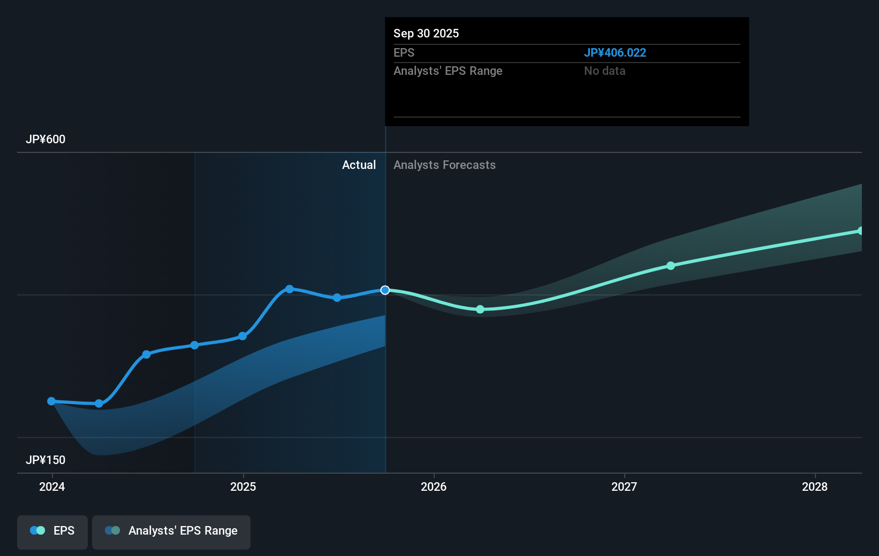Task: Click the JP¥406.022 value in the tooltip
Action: (x=615, y=52)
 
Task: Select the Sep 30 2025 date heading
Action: (x=426, y=33)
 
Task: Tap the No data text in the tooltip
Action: (x=604, y=71)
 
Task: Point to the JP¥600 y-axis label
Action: (x=46, y=139)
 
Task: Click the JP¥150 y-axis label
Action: (x=46, y=460)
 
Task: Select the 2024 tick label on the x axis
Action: (x=52, y=486)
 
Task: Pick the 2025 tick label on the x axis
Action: (x=243, y=486)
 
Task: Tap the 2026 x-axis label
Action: (x=434, y=486)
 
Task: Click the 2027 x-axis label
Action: (x=624, y=486)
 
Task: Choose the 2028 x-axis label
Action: (x=814, y=486)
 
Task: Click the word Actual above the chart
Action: (x=359, y=165)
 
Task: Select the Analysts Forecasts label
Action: (x=444, y=165)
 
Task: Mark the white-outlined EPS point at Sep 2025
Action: (x=385, y=290)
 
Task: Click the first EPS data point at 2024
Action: (x=51, y=401)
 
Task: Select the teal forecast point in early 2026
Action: (x=480, y=309)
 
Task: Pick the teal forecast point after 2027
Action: (x=671, y=266)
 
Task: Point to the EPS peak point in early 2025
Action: (x=290, y=289)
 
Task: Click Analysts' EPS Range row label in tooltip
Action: (x=448, y=71)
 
